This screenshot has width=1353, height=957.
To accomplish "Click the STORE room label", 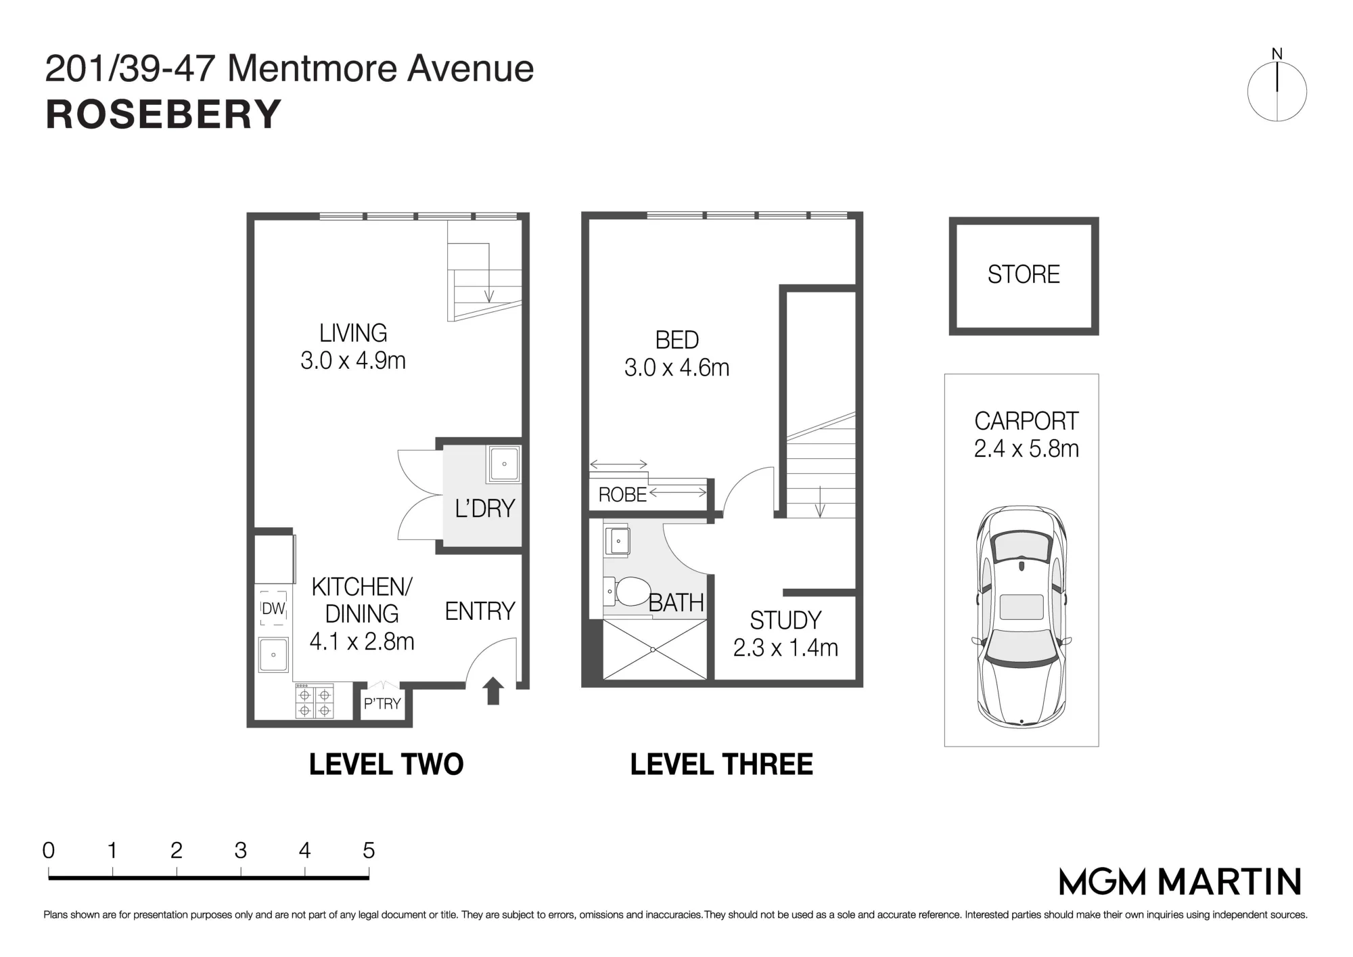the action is coord(1024,274).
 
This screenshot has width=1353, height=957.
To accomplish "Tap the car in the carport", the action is coord(1022,617).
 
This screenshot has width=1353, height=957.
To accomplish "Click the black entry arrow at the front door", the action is coord(493,690).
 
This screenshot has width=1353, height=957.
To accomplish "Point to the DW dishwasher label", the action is coord(273,608).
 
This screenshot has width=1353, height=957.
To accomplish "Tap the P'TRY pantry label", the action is coord(382,704).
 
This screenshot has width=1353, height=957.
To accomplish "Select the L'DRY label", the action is coord(485,508).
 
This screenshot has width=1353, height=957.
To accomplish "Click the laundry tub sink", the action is coord(504,464).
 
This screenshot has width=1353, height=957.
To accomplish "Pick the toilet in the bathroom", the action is coord(626,591).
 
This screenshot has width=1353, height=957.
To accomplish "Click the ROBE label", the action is coord(622,495).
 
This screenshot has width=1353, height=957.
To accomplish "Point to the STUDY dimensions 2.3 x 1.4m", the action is coord(785,648).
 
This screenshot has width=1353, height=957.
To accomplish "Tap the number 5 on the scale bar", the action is coord(369,850).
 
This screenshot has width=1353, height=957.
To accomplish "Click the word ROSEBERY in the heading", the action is coord(163,114).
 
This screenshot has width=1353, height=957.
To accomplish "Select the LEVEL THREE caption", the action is coord(722,765).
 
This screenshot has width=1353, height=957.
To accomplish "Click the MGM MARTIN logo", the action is coord(1180,881).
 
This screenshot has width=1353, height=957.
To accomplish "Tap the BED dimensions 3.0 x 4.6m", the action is coord(676,368).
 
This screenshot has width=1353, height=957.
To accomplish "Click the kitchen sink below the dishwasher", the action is coord(273,654).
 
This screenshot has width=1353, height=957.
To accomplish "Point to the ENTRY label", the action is coord(480,611).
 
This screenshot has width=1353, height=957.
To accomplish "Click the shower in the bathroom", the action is coord(654,649).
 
